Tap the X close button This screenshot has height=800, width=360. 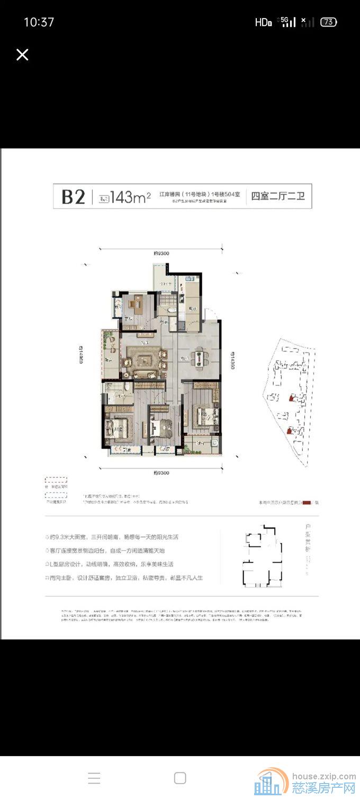[x=22, y=55]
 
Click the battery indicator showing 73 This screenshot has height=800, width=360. [x=329, y=22]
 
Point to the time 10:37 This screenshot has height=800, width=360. [x=39, y=22]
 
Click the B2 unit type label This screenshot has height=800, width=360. [x=73, y=197]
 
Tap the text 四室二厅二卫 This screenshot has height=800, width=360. [x=278, y=197]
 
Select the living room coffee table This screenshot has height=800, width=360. [x=145, y=362]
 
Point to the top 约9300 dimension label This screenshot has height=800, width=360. [x=161, y=254]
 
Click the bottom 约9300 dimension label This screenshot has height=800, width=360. [x=161, y=472]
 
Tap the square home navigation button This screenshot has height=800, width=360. [x=180, y=778]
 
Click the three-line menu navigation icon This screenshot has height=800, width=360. [x=94, y=778]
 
